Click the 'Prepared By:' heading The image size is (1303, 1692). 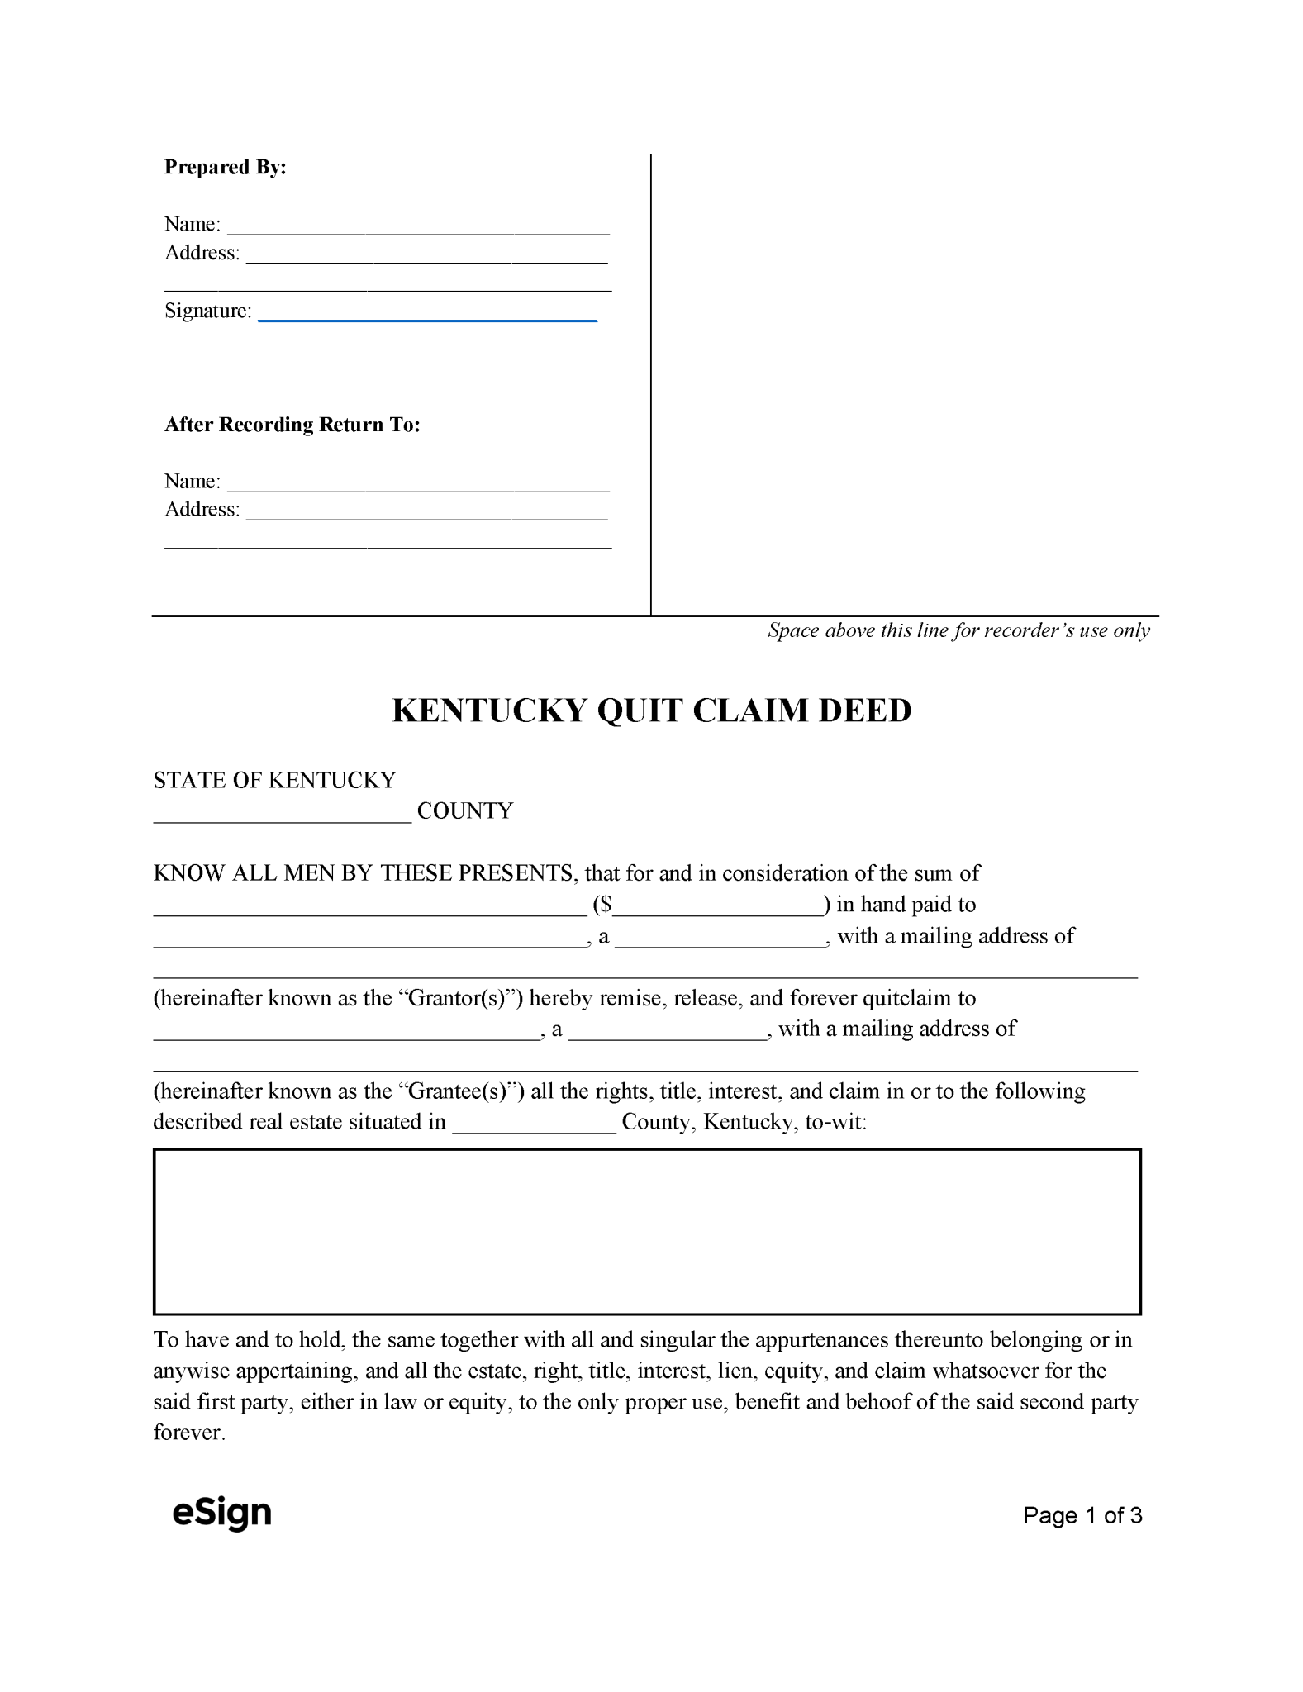tap(225, 167)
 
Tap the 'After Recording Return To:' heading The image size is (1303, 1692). tap(292, 425)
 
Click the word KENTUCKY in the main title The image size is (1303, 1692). tap(489, 711)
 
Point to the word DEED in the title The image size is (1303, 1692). tap(865, 711)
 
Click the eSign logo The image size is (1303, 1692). tap(221, 1512)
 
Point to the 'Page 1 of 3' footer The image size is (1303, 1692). tap(1082, 1515)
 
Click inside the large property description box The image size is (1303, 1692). tap(647, 1231)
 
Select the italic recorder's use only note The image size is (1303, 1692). tap(958, 630)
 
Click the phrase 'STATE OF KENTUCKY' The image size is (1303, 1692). tap(274, 780)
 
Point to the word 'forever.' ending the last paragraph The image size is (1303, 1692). tap(189, 1433)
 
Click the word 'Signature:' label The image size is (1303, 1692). tap(207, 311)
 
